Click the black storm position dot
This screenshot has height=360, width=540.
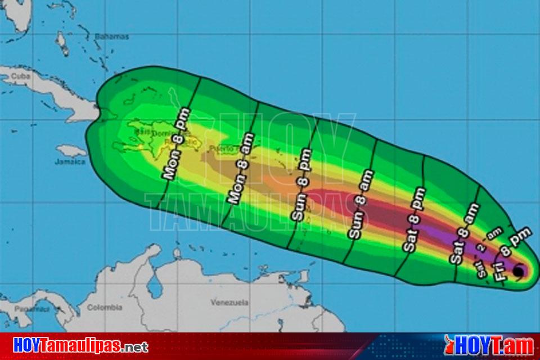[x=517, y=271]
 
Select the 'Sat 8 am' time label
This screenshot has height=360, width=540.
[x=464, y=233]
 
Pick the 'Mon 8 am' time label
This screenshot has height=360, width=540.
[x=241, y=168]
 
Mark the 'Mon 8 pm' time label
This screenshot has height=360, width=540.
[x=178, y=145]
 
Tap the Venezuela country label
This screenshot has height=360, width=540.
[x=229, y=303]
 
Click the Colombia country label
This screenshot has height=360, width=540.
[x=105, y=308]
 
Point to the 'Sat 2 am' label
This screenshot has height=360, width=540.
[x=487, y=256]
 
